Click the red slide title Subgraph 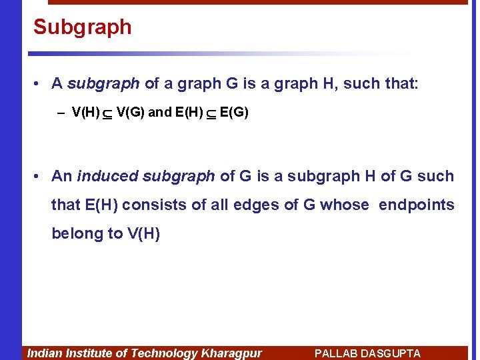tap(83, 27)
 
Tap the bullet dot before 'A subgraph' tap(38, 83)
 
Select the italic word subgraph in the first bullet tap(103, 83)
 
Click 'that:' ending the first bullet tap(401, 83)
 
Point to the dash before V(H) tap(61, 113)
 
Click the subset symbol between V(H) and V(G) tap(108, 113)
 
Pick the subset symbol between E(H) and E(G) tap(211, 113)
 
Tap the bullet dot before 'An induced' tap(38, 176)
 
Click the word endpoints tap(417, 205)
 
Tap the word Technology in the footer tap(163, 353)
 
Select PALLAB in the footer tap(337, 353)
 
